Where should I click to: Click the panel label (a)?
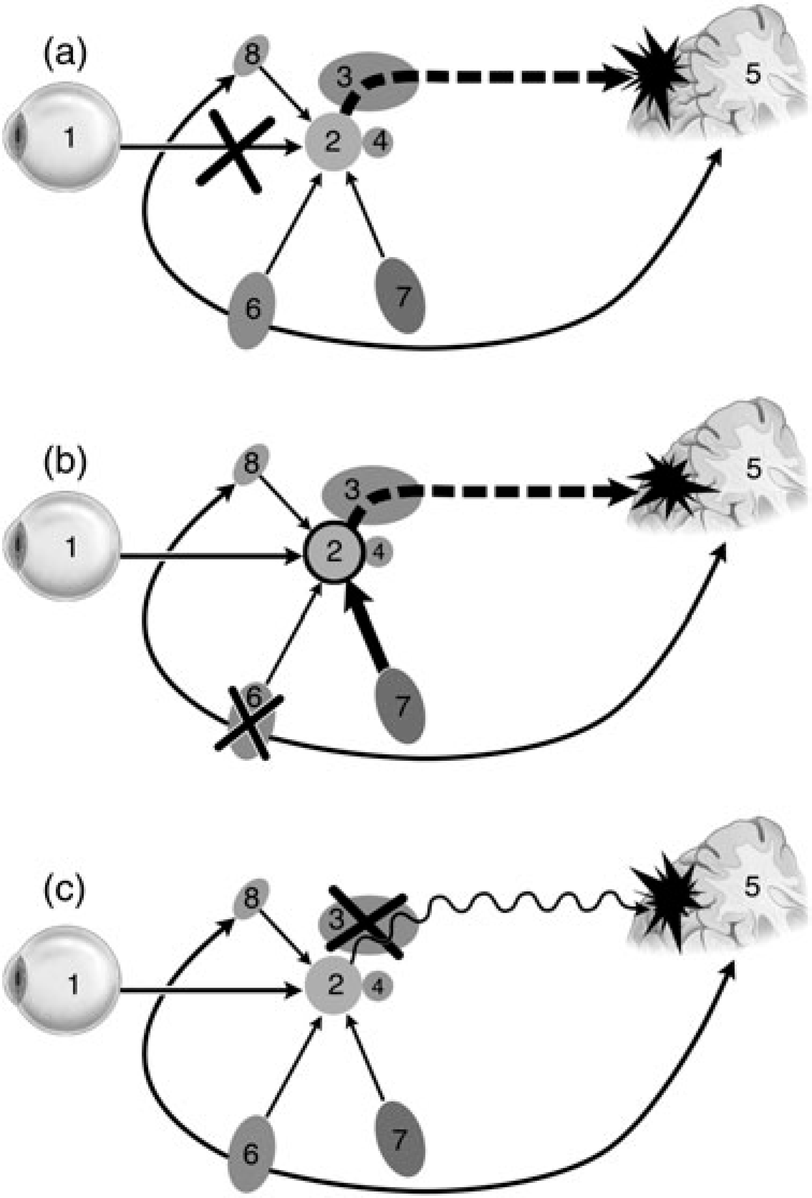coord(66,54)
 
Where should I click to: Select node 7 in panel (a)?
coord(400,296)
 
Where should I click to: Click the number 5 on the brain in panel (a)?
coord(752,75)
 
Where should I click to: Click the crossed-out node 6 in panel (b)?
coord(249,720)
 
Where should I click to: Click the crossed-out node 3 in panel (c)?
coord(366,920)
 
